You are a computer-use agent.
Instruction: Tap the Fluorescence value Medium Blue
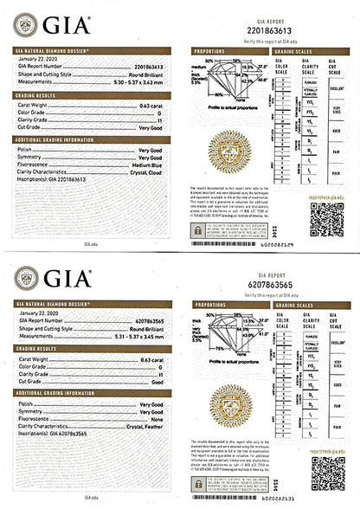(145, 164)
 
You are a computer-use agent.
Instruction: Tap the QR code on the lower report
(327, 473)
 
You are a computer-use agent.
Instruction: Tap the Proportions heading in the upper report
(212, 51)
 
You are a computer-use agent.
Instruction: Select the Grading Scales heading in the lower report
(295, 306)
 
